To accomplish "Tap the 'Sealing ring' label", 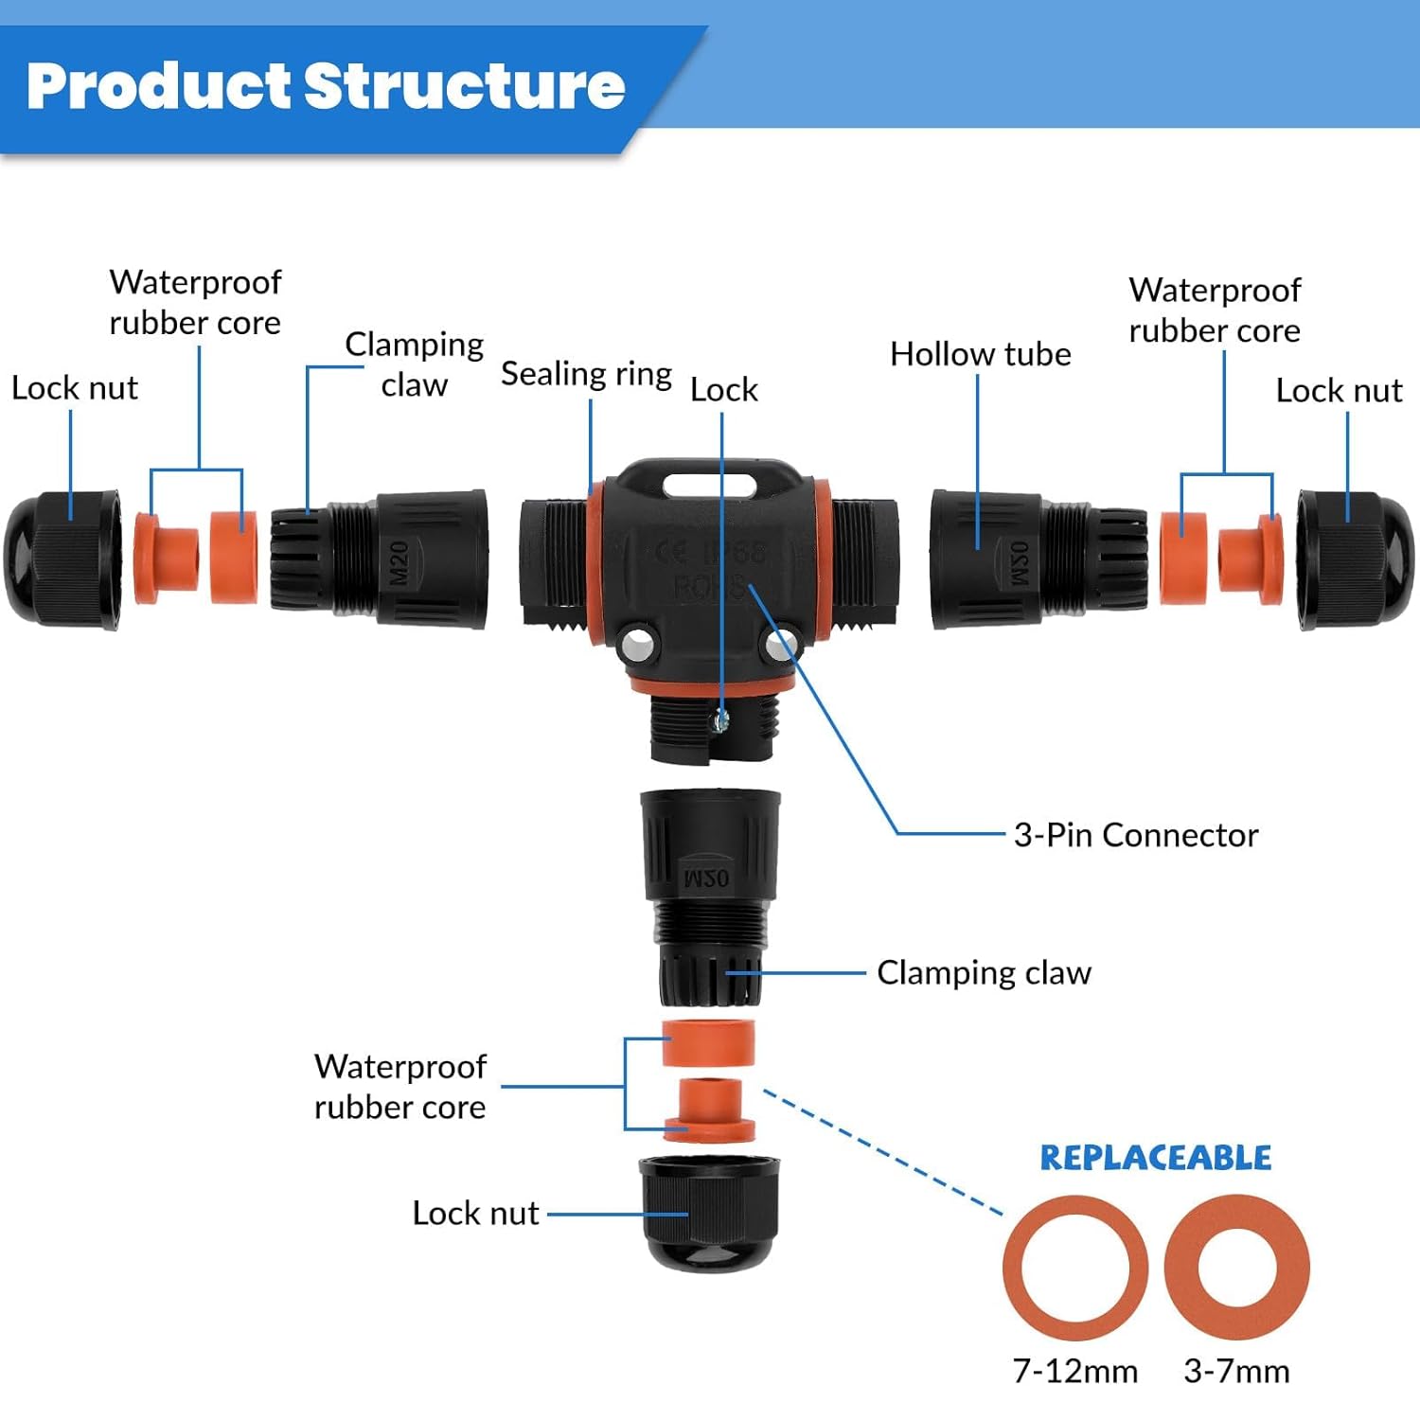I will click(x=586, y=374).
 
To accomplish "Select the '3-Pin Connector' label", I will click(x=1135, y=835).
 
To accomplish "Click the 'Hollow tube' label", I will click(x=980, y=354).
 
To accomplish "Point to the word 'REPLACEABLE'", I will click(x=1155, y=1158).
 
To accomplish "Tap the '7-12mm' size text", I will click(x=1074, y=1371).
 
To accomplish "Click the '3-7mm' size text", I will click(x=1236, y=1371).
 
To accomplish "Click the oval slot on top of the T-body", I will click(x=709, y=486).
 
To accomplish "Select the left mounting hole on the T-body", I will click(x=637, y=648).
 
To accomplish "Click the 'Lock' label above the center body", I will click(x=723, y=389).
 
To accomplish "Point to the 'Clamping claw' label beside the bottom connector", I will click(x=984, y=972).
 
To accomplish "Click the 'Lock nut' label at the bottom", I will click(x=475, y=1213).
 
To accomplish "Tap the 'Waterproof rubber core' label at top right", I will click(x=1215, y=311).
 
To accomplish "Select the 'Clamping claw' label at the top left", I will click(x=414, y=364).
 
